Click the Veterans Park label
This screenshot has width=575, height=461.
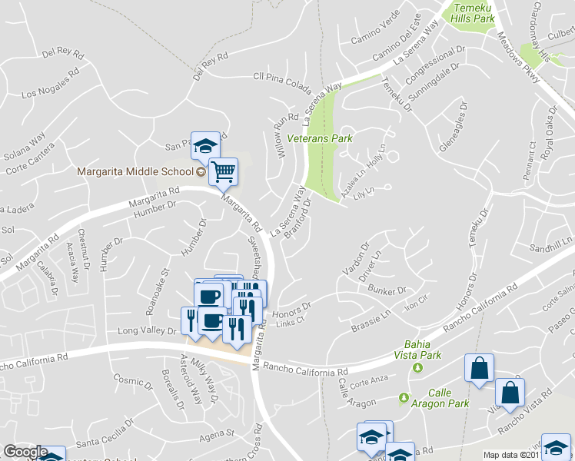(319, 139)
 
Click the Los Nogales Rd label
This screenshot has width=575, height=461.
(52, 85)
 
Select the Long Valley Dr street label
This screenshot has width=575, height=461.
(146, 330)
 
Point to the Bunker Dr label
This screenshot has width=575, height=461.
(386, 291)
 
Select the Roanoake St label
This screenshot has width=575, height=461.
(156, 291)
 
